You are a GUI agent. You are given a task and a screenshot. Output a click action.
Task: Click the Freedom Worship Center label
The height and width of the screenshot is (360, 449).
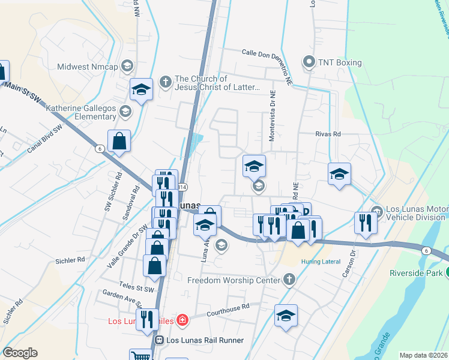(x=234, y=280)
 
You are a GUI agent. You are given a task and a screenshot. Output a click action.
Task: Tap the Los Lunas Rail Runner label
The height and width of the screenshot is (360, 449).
(x=204, y=340)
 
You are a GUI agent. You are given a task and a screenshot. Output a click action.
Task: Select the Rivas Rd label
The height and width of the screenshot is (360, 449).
(x=328, y=134)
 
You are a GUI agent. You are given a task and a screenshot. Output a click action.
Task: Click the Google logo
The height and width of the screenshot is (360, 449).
(x=20, y=353)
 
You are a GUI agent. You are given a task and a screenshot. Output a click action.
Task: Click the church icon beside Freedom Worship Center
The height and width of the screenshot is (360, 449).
(x=289, y=280)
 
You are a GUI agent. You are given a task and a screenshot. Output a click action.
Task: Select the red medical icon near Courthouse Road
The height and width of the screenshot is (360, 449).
(x=182, y=321)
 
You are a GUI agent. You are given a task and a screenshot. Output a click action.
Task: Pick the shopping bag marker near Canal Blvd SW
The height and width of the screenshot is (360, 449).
(x=119, y=142)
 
